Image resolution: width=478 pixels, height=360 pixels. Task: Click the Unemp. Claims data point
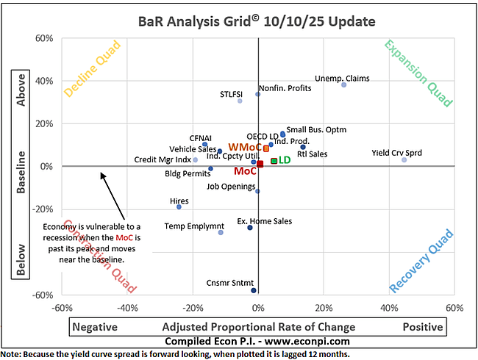click(x=343, y=84)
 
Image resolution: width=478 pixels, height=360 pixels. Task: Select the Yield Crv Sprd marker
click(x=404, y=159)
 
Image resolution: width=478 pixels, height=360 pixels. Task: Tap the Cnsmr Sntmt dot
click(x=254, y=290)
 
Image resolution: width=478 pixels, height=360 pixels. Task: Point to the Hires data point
click(x=179, y=207)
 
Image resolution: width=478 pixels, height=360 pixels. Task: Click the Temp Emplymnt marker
click(x=221, y=232)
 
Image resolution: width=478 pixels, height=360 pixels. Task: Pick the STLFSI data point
click(x=240, y=100)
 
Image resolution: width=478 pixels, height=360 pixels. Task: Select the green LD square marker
click(x=274, y=160)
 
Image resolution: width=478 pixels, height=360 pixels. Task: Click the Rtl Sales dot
click(x=302, y=147)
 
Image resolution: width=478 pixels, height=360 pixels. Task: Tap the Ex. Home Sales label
click(x=264, y=220)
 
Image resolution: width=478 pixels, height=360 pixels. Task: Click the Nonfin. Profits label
click(x=285, y=88)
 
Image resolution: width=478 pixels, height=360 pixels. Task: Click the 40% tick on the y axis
click(x=47, y=82)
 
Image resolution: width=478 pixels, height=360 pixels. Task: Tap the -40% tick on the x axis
click(x=127, y=307)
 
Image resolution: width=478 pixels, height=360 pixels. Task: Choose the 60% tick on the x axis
click(x=454, y=307)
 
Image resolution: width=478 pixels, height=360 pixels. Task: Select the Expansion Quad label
click(x=418, y=73)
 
